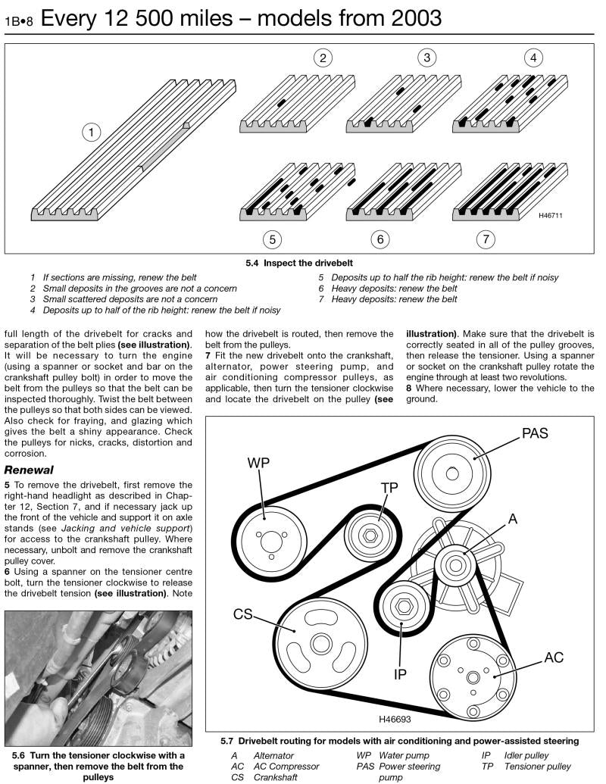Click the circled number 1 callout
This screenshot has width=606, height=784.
91,133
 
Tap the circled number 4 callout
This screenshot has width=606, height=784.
533,58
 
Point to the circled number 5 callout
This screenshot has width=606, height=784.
272,239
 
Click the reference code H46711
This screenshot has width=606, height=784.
550,216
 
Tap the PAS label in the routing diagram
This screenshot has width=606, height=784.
534,434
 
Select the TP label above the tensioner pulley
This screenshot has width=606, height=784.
389,489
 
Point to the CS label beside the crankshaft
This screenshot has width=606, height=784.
242,614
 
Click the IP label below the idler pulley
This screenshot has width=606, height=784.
401,673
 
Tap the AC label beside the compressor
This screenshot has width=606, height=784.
554,657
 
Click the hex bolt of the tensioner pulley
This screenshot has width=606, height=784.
369,536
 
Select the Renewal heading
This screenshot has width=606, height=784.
28,470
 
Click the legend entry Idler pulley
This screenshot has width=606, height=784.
525,755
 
